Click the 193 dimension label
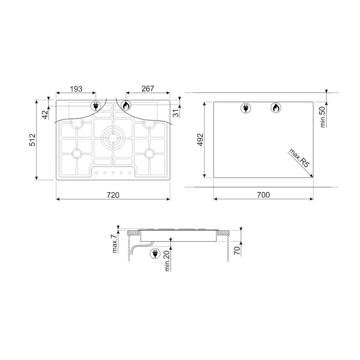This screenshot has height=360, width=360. tap(76, 89)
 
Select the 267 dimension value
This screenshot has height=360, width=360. tap(148, 89)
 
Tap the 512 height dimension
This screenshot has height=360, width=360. tap(32, 140)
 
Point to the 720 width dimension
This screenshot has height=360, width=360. tap(113, 195)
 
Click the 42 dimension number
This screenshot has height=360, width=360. tap(46, 115)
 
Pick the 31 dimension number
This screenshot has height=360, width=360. tap(175, 113)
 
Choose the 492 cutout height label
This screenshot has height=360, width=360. tap(200, 140)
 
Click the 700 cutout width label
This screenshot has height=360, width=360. tap(263, 195)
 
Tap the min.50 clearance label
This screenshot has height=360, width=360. tap(322, 117)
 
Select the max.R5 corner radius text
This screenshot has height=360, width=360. tap(299, 158)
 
